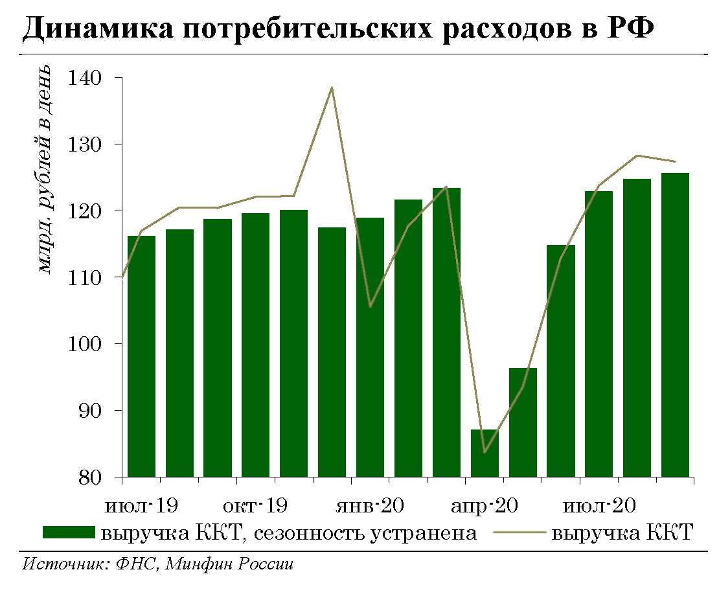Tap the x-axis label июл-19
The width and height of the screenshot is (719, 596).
(x=141, y=505)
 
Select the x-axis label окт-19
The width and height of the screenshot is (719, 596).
(x=257, y=505)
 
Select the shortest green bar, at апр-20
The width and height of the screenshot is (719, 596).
(x=485, y=453)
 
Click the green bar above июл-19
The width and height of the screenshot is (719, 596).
(x=141, y=356)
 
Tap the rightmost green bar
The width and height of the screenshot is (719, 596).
(x=675, y=324)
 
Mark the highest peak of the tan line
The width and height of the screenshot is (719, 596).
(x=332, y=87)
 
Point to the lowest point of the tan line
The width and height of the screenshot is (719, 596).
(x=485, y=452)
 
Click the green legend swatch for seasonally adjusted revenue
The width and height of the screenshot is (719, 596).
(x=69, y=533)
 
